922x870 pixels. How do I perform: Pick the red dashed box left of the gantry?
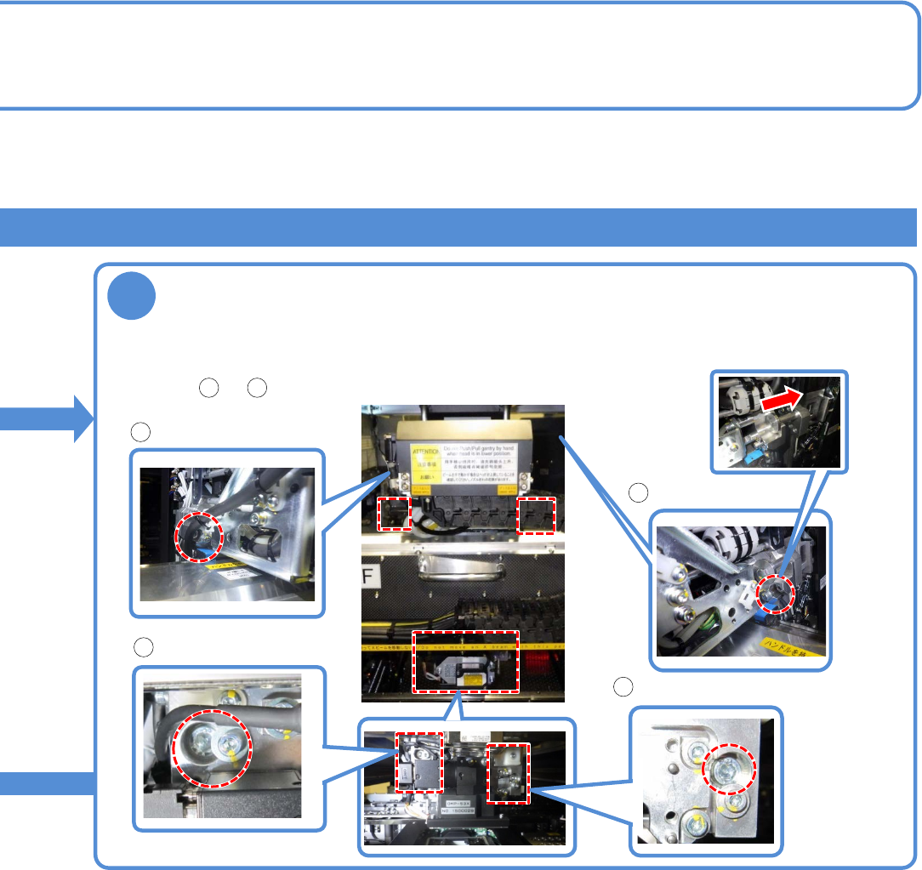394,515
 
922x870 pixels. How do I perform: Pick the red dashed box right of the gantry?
536,515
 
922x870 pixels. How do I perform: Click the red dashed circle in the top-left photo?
199,537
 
